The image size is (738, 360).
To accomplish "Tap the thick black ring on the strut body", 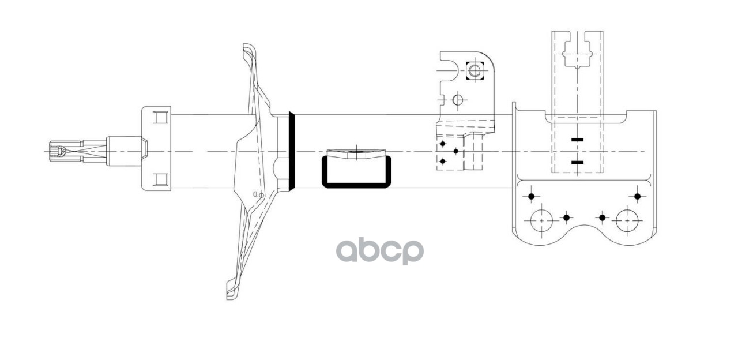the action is click(292, 151).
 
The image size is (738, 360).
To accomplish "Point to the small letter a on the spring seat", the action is click(255, 194).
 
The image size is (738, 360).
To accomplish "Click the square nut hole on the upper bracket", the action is click(474, 72).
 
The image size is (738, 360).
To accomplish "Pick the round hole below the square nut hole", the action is click(458, 100).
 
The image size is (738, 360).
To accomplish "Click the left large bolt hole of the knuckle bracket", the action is click(541, 220).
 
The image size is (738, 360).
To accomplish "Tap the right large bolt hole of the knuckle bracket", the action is click(627, 220).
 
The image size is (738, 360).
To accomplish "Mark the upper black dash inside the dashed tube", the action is click(577, 140).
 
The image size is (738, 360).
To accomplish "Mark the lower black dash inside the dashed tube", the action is click(577, 163).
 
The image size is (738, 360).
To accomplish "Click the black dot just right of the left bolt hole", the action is click(567, 217).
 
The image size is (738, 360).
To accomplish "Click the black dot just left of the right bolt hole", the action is click(603, 217).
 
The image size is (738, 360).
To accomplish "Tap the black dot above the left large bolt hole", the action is click(532, 196).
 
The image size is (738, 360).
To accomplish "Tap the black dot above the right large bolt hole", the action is click(637, 196).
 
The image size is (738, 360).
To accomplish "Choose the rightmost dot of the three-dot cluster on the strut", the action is click(456, 151).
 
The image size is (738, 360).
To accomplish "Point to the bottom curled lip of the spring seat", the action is click(232, 293).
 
